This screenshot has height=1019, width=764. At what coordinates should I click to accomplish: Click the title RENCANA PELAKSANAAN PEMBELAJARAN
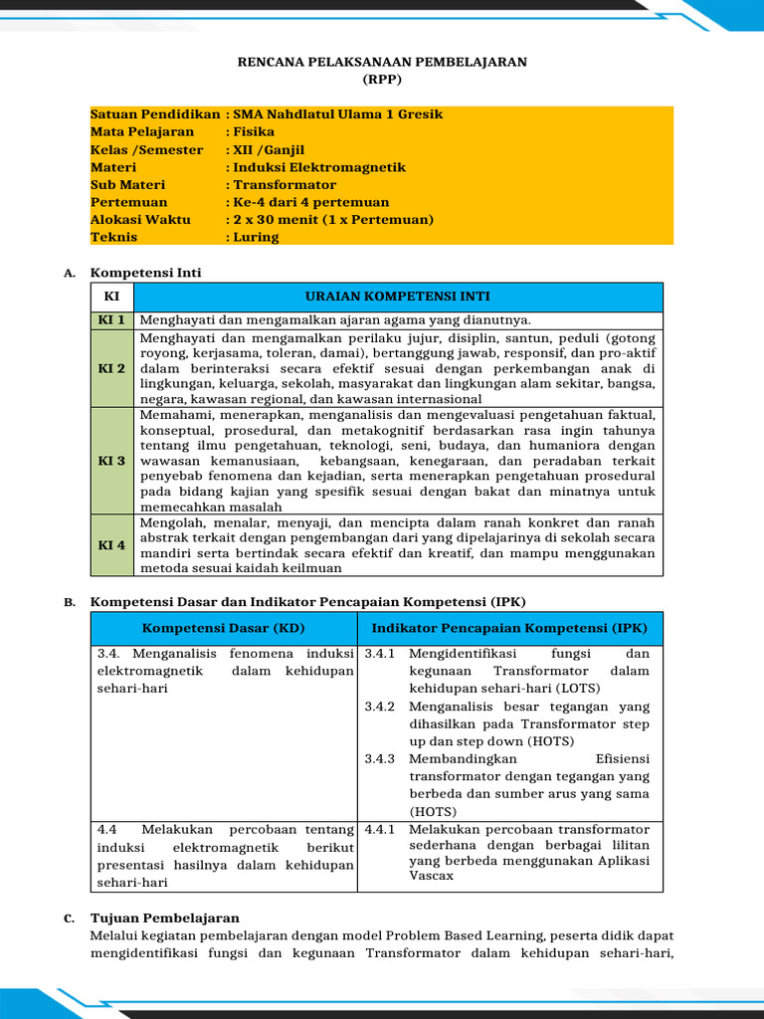tap(382, 62)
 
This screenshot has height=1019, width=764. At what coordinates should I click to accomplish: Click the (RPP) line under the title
tap(382, 79)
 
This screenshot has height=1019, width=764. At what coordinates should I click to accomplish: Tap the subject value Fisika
tap(254, 131)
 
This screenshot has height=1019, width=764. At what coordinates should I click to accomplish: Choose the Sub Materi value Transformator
tap(285, 185)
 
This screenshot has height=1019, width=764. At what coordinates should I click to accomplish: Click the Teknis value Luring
tap(257, 238)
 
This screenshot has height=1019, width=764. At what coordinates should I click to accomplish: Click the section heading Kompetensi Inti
tap(145, 273)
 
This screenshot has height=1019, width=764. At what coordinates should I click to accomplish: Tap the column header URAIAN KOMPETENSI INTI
tap(397, 297)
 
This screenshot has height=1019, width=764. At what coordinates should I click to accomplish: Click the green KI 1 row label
tap(111, 320)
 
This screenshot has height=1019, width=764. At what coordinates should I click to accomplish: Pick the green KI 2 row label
tap(111, 368)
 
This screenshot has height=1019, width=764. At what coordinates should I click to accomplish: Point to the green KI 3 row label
tap(111, 461)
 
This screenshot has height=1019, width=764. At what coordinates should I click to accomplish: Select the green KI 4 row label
tap(111, 545)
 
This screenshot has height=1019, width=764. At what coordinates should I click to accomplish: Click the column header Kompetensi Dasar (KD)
tap(224, 629)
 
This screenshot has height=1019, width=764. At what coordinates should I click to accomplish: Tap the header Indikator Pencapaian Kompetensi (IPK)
tap(509, 629)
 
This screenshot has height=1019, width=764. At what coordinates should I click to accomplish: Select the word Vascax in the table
tap(431, 876)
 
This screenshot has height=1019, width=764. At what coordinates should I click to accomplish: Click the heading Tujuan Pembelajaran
tap(165, 918)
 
